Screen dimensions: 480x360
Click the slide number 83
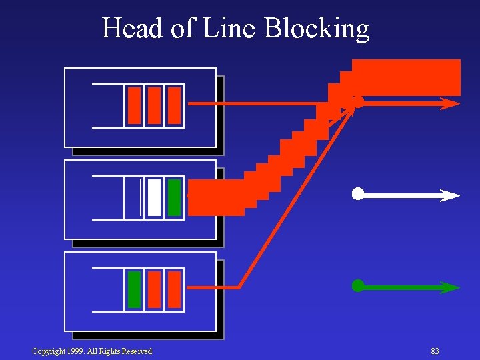point(435,351)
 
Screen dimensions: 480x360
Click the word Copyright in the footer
point(49,351)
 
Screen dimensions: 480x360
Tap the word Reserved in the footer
point(135,351)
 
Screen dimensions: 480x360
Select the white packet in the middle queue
point(154,197)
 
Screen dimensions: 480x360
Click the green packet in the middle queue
point(174,197)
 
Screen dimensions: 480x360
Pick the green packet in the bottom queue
point(134,289)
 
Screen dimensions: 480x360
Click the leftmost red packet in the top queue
point(134,105)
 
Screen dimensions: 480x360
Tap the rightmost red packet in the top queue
point(174,105)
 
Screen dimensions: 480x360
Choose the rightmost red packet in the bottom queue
point(174,289)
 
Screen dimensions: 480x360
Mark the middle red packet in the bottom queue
point(154,289)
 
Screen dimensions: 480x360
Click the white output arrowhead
point(449,195)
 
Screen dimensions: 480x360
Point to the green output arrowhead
point(449,287)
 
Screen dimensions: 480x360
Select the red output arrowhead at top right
point(449,103)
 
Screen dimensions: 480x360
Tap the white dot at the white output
point(358,194)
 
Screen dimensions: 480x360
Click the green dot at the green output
point(358,286)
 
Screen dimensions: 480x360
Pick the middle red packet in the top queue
point(154,105)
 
